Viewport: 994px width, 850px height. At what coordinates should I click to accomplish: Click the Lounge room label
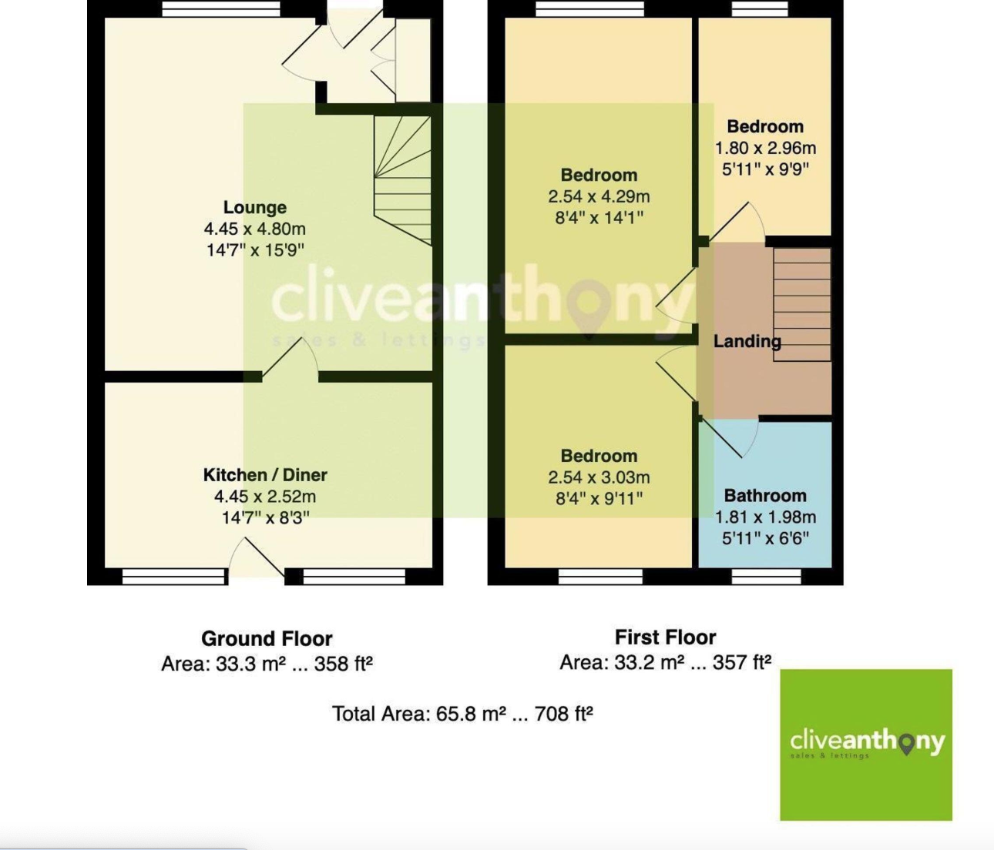254,207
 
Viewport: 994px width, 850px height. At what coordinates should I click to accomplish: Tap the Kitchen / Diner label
265,475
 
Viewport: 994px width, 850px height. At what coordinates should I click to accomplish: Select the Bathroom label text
764,496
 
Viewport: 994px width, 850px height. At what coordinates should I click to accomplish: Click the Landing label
747,341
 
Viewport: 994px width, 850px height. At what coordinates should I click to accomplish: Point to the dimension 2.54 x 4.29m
599,196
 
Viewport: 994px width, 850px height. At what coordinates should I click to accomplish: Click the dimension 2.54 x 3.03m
599,477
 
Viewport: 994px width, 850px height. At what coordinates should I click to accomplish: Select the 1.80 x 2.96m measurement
764,148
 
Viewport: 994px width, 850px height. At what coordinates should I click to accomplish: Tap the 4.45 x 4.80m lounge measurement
254,229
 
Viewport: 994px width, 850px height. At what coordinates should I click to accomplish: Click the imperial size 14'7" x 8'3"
265,518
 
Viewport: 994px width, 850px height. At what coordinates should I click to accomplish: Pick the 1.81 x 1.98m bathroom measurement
764,517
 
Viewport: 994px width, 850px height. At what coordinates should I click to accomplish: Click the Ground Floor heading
267,638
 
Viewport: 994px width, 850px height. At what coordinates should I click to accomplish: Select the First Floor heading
665,637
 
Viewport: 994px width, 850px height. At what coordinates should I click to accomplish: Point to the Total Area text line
462,714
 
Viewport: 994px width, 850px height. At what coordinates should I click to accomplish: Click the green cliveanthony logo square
865,745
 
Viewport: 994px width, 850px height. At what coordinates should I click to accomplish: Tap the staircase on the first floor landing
801,304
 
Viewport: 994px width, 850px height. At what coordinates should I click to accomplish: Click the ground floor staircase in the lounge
402,179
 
